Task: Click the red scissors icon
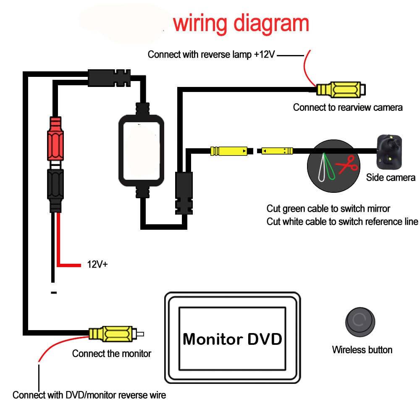pyautogui.click(x=347, y=165)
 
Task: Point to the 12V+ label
pyautogui.click(x=97, y=265)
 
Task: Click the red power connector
pyautogui.click(x=56, y=139)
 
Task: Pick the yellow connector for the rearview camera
pyautogui.click(x=340, y=89)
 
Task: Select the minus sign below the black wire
pyautogui.click(x=53, y=293)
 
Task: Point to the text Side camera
pyautogui.click(x=390, y=177)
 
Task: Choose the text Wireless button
pyautogui.click(x=362, y=349)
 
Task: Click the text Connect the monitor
pyautogui.click(x=111, y=353)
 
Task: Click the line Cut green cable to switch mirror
pyautogui.click(x=328, y=208)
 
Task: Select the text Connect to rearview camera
pyautogui.click(x=347, y=107)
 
